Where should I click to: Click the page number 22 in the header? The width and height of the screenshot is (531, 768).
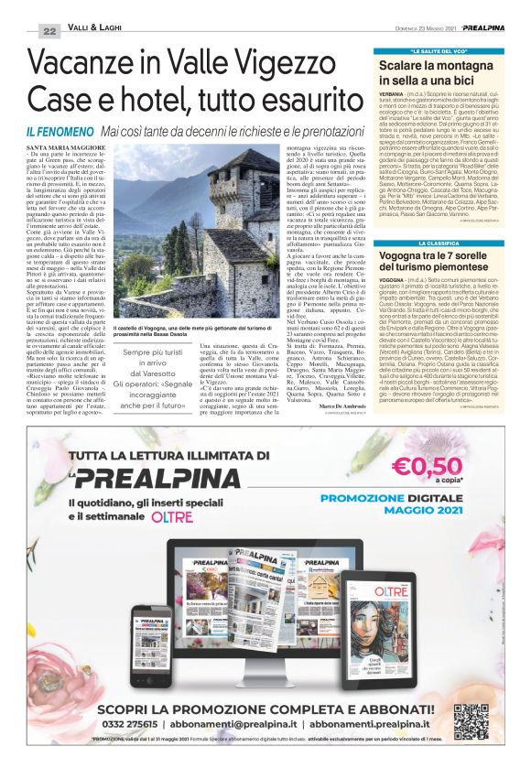49,30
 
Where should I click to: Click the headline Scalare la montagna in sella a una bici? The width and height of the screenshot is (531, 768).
438,74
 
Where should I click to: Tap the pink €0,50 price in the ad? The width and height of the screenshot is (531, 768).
445,469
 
